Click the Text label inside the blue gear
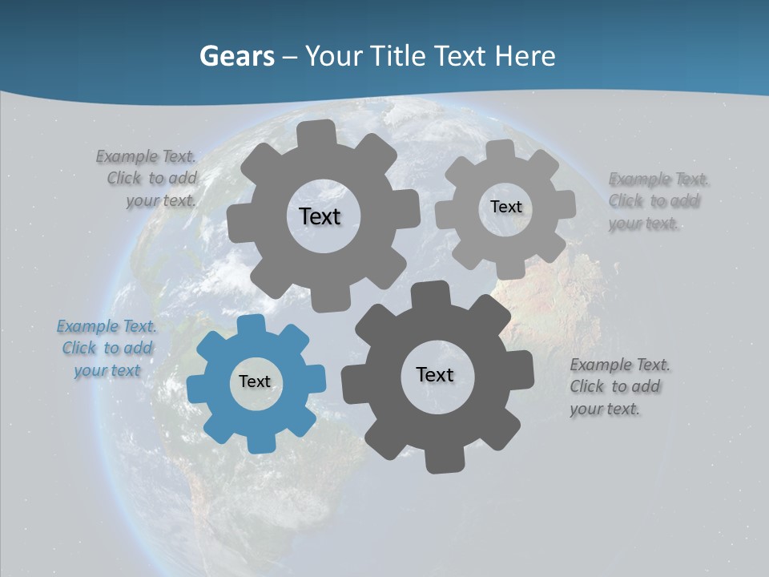[x=255, y=381]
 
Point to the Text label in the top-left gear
[x=320, y=216]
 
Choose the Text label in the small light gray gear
[x=505, y=207]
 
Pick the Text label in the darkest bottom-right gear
[x=435, y=374]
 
